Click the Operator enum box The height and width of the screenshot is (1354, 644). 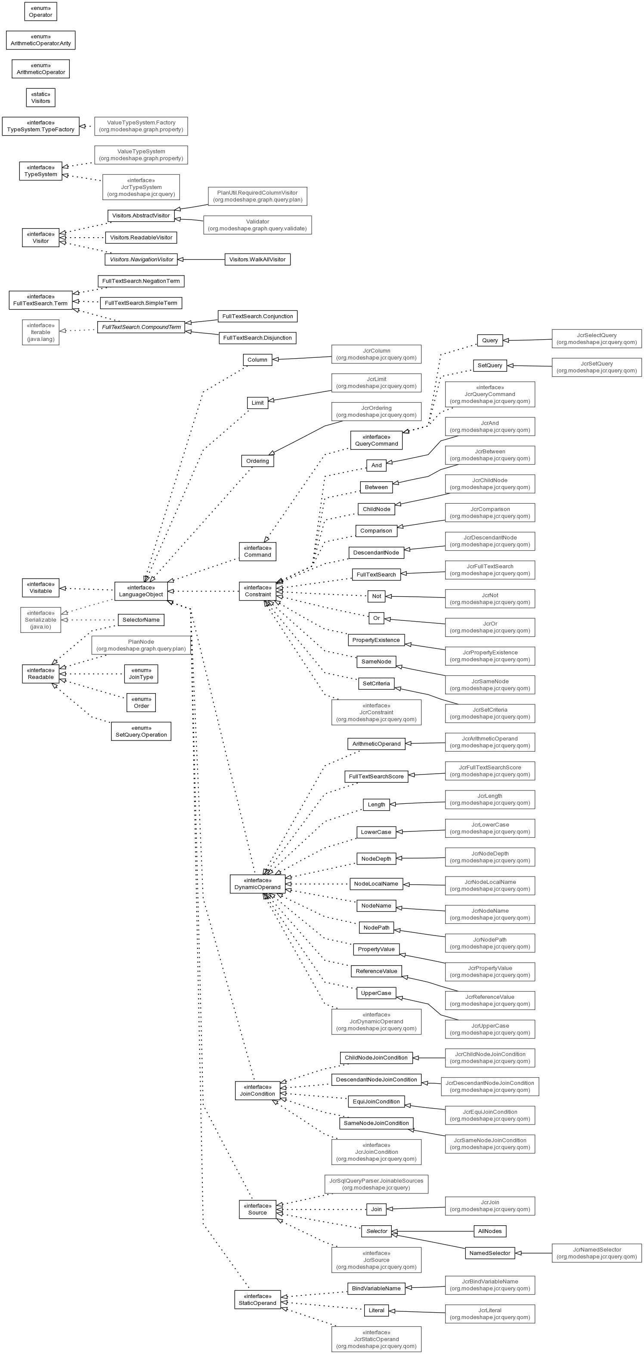[40, 12]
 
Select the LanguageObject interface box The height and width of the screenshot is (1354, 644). [141, 591]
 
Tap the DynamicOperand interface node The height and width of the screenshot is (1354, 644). [257, 883]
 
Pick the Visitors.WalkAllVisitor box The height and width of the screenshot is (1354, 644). [257, 259]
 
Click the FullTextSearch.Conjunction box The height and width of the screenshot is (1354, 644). [257, 316]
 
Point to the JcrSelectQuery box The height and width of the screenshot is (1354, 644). [597, 338]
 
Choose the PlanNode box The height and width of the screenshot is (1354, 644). [141, 645]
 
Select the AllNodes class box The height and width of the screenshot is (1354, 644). [490, 1231]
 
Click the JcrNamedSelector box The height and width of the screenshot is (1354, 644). [597, 1253]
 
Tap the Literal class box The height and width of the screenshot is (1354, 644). [376, 1311]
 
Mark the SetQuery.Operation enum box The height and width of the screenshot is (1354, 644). [141, 731]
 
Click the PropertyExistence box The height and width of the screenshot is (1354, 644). [376, 640]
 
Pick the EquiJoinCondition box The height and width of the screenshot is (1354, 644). [376, 1101]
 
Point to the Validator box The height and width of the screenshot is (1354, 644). [257, 225]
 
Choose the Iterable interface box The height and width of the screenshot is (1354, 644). [40, 332]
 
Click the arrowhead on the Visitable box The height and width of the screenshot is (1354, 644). [62, 588]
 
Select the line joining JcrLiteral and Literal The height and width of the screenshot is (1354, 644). [417, 1311]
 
